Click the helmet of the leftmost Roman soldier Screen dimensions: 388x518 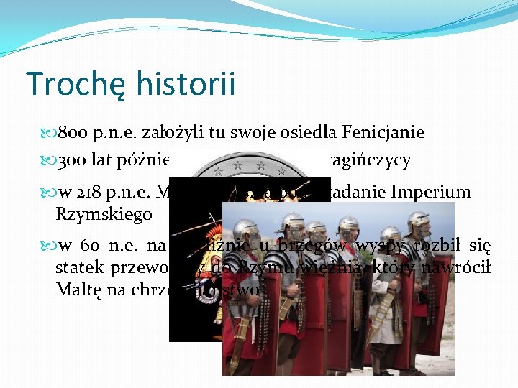point(246,228)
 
